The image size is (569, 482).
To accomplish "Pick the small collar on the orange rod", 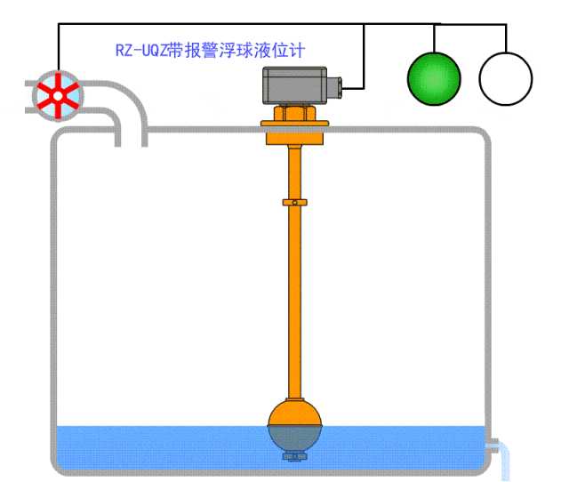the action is [294, 202].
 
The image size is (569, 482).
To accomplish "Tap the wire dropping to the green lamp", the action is [434, 37].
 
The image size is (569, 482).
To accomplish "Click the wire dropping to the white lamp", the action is [506, 37].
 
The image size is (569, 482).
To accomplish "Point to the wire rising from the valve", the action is [59, 49].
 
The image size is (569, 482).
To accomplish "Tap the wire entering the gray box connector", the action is [364, 62].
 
